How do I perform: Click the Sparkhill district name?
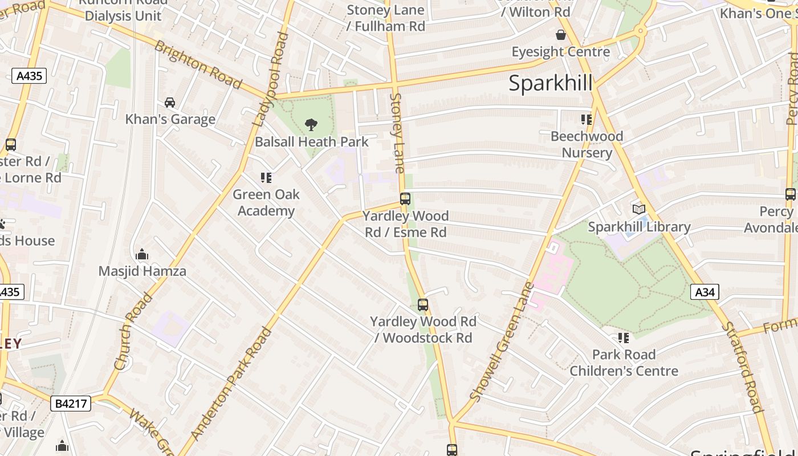(550, 83)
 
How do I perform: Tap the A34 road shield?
(705, 292)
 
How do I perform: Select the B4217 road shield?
(71, 404)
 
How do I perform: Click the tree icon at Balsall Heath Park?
(311, 124)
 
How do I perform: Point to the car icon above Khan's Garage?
(170, 103)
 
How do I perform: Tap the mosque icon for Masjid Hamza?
(142, 254)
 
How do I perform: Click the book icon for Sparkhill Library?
(639, 210)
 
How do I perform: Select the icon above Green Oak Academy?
(266, 178)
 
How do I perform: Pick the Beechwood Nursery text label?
(587, 144)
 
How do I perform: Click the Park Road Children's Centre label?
(624, 363)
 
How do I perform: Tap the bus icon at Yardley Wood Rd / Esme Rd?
(405, 199)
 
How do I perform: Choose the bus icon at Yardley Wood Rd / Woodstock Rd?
(422, 305)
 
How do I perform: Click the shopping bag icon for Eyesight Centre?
(561, 35)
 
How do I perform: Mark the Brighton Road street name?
(198, 64)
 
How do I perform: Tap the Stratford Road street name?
(742, 367)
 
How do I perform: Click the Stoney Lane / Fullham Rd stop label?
(386, 18)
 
